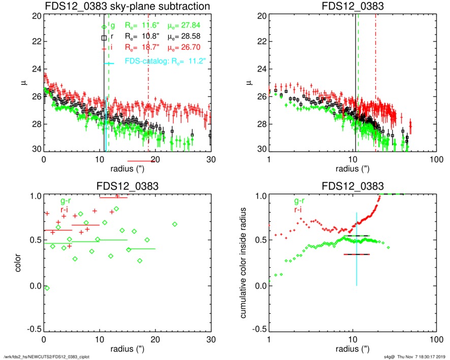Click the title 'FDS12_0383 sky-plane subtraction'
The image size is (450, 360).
pos(127,7)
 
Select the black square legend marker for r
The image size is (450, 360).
pos(104,37)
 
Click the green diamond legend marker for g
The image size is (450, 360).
pos(104,26)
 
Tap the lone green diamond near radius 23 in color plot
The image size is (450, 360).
pos(174,224)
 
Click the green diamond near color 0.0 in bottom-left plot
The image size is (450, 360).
pos(47,288)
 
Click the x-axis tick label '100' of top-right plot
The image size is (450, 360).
pos(434,159)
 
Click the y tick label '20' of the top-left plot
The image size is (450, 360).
pos(37,16)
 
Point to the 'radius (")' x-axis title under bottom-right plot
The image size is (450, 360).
pos(352,350)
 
